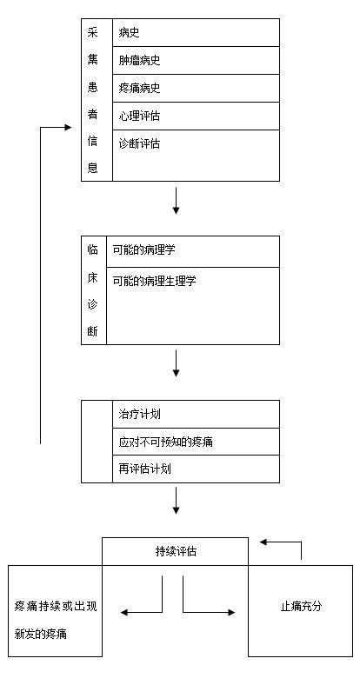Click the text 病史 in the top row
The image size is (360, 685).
pyautogui.click(x=129, y=33)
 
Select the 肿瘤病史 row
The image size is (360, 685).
pyautogui.click(x=139, y=60)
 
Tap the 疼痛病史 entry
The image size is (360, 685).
pyautogui.click(x=139, y=89)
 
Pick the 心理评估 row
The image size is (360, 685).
pyautogui.click(x=139, y=116)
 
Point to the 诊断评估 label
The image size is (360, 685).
pyautogui.click(x=139, y=143)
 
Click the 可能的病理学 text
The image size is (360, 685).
pyautogui.click(x=144, y=249)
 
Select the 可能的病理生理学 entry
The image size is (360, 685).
pyautogui.click(x=155, y=281)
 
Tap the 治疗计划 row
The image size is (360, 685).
pyautogui.click(x=139, y=414)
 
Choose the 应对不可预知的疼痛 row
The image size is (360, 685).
pyautogui.click(x=165, y=442)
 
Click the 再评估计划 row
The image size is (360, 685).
pyautogui.click(x=144, y=469)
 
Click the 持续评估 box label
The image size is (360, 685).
pyautogui.click(x=176, y=552)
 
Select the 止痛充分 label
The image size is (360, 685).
pyautogui.click(x=301, y=607)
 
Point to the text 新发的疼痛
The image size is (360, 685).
pyautogui.click(x=41, y=634)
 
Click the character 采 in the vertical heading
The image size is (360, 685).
pyautogui.click(x=93, y=33)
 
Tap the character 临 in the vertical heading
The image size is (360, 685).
pyautogui.click(x=93, y=249)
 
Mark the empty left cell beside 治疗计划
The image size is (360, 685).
pyautogui.click(x=97, y=442)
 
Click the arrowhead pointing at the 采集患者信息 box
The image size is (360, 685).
pyautogui.click(x=68, y=128)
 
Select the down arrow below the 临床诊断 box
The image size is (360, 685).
pyautogui.click(x=176, y=363)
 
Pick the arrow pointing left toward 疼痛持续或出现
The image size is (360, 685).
pyautogui.click(x=141, y=612)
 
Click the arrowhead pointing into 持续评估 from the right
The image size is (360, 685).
pyautogui.click(x=263, y=542)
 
